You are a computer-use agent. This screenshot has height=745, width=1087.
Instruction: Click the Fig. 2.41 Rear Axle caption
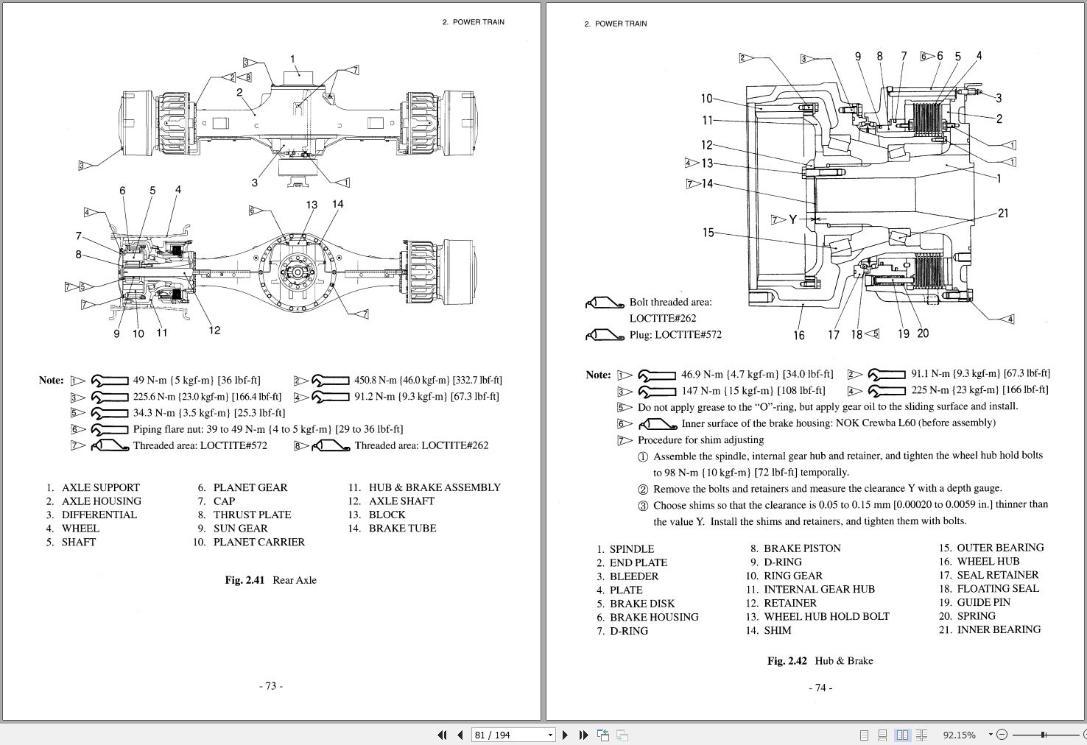pyautogui.click(x=270, y=580)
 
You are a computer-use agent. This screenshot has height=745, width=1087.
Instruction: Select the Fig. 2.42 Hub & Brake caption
pyautogui.click(x=820, y=661)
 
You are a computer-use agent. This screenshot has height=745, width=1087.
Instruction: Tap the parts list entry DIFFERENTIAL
pyautogui.click(x=99, y=515)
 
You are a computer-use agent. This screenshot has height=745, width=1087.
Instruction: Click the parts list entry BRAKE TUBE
pyautogui.click(x=402, y=529)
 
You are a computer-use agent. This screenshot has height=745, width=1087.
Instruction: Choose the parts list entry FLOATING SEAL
pyautogui.click(x=998, y=589)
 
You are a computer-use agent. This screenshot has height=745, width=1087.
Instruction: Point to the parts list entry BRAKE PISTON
pyautogui.click(x=802, y=548)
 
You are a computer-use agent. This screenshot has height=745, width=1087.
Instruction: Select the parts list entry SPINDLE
pyautogui.click(x=631, y=549)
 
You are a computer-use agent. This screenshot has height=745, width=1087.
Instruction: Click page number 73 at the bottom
pyautogui.click(x=270, y=686)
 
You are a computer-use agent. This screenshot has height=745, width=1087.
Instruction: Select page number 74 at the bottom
pyautogui.click(x=820, y=688)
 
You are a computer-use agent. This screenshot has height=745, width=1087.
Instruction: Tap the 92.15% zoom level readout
pyautogui.click(x=959, y=735)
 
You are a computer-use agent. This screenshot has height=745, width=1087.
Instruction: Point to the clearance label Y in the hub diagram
pyautogui.click(x=792, y=219)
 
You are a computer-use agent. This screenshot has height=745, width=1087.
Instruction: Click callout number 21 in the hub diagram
pyautogui.click(x=1002, y=213)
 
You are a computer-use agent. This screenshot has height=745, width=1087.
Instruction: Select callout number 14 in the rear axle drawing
pyautogui.click(x=337, y=204)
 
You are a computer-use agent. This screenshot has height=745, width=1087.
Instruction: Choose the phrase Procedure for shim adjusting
pyautogui.click(x=700, y=440)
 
